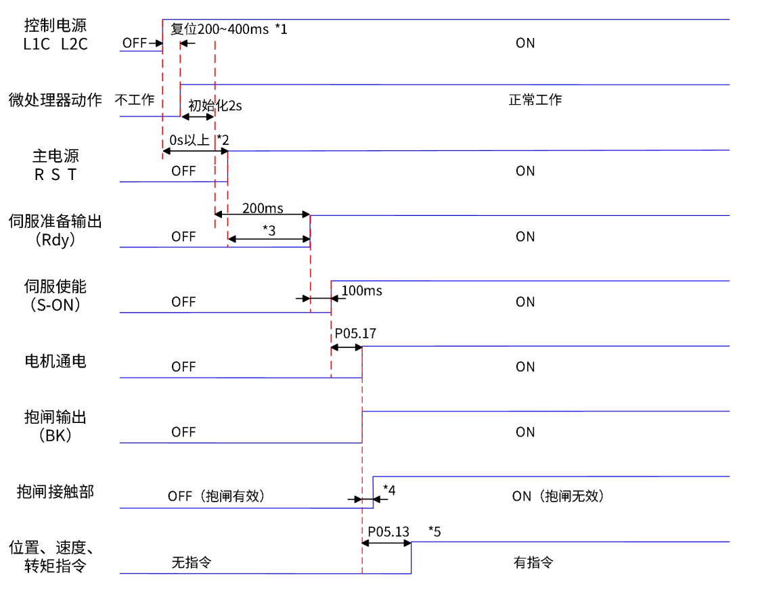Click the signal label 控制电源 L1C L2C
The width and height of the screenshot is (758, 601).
click(55, 35)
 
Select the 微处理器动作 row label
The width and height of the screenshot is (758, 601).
click(55, 100)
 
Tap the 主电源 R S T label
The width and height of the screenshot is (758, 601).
click(55, 164)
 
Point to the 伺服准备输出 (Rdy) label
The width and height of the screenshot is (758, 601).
click(55, 229)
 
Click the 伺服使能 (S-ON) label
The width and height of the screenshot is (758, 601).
click(55, 295)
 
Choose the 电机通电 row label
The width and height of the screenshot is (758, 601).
click(55, 361)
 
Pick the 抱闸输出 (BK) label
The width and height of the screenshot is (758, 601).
click(55, 426)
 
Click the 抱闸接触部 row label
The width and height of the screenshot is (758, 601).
click(55, 492)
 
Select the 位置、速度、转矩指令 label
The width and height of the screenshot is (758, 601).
click(55, 556)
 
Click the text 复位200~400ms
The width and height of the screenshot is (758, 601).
click(220, 29)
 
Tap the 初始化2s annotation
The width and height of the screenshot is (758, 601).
click(215, 106)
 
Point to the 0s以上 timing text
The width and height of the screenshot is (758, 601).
click(189, 141)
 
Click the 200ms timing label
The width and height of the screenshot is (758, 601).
click(263, 208)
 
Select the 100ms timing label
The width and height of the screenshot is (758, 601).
click(361, 291)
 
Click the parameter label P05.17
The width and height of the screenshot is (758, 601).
click(355, 334)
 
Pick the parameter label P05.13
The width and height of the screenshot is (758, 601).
click(388, 532)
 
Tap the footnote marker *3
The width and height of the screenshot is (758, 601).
click(269, 230)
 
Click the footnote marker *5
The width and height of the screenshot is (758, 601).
click(434, 532)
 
